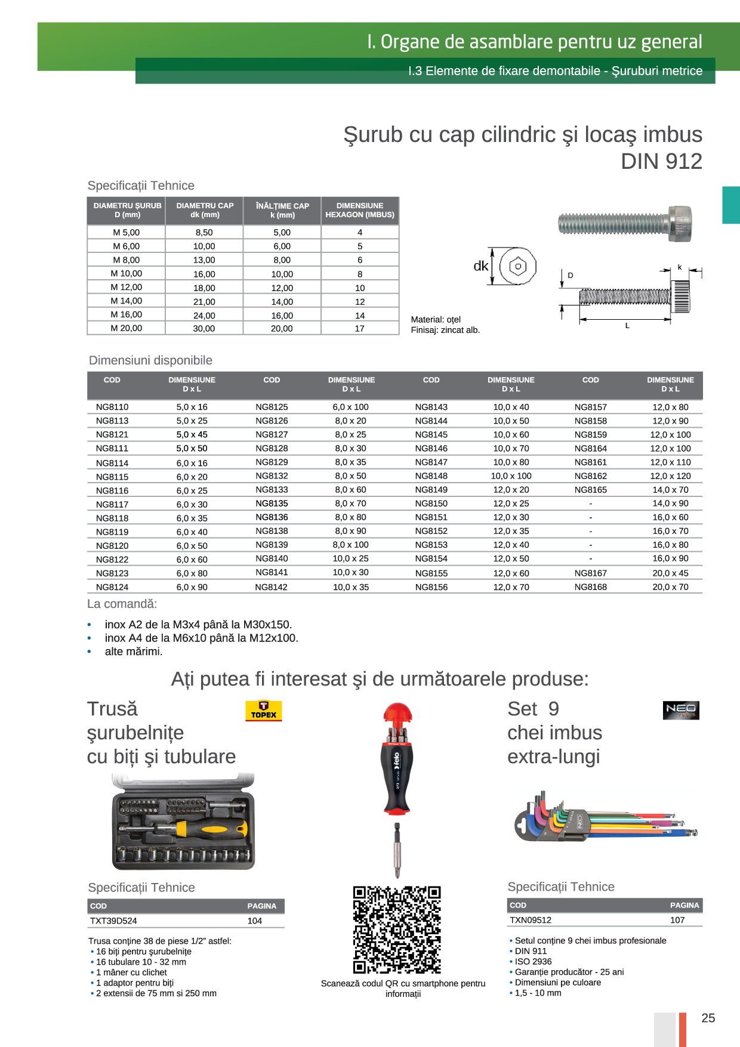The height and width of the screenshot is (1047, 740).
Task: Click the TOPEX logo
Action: point(263,711)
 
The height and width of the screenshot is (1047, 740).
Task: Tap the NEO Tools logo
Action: point(681,710)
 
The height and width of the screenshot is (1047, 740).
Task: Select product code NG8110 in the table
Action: point(112,407)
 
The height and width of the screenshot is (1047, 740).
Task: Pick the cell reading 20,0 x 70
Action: point(670,587)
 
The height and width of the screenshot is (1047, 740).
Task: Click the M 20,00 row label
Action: point(127,328)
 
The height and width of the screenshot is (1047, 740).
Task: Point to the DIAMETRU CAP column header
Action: point(205,210)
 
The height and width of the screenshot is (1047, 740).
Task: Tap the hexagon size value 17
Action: point(359,329)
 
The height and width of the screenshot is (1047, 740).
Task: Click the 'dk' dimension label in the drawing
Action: point(480,266)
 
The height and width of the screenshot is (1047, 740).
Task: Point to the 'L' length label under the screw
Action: point(627,326)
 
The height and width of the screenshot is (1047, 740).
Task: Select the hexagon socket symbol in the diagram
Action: point(517,267)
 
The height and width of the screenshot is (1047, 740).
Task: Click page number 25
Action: point(708,1018)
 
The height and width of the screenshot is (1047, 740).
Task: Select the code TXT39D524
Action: point(113,921)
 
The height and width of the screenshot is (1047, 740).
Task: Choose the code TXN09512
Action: point(531,920)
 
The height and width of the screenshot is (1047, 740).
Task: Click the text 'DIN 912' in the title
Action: point(661,162)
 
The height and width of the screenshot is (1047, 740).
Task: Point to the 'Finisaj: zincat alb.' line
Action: point(445,330)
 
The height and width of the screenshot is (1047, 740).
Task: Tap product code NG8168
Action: point(590,587)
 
